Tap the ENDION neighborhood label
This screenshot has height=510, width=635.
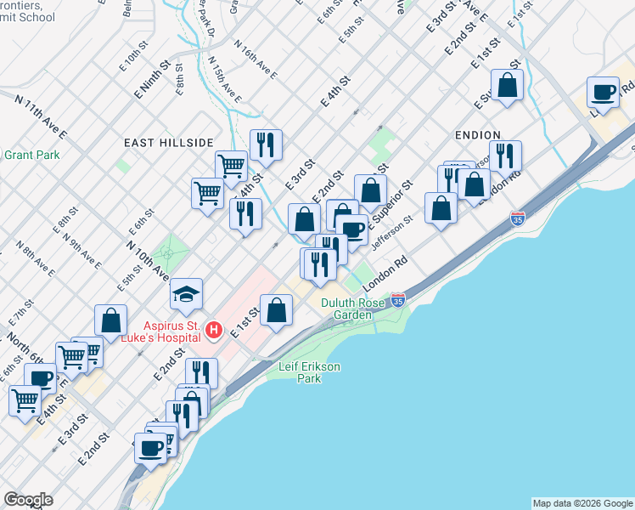477,134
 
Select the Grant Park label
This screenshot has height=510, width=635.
31,155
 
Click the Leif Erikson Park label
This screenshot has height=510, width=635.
310,372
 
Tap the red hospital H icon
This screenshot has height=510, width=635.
215,329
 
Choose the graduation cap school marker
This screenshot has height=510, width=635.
187,295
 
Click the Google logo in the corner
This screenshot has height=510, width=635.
28,499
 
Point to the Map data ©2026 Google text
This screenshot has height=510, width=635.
582,503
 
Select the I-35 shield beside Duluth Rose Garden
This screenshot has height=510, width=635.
398,299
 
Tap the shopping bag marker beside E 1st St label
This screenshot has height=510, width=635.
277,310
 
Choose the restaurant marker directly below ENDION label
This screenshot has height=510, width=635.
505,156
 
